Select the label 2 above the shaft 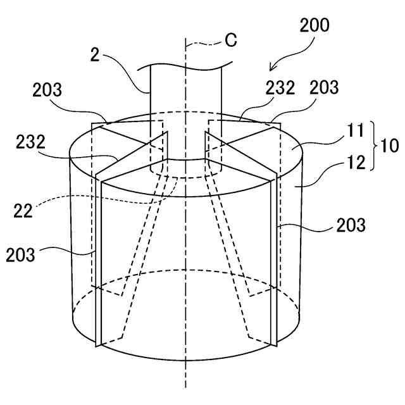pyautogui.click(x=95, y=55)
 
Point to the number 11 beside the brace pyautogui.click(x=356, y=131)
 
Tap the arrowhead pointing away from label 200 pyautogui.click(x=273, y=68)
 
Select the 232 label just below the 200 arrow pyautogui.click(x=280, y=89)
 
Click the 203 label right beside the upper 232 pyautogui.click(x=325, y=88)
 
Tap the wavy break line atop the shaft pyautogui.click(x=190, y=65)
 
